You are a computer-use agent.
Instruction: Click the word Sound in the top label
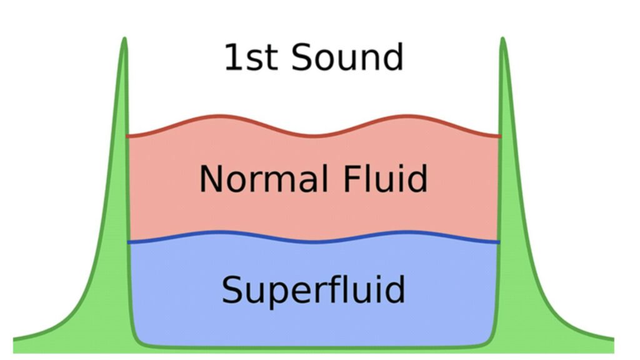point(347,57)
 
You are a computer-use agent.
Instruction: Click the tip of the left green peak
point(124,39)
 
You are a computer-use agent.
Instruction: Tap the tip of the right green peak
point(502,39)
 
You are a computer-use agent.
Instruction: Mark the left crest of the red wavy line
point(219,116)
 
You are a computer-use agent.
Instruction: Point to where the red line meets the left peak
point(128,136)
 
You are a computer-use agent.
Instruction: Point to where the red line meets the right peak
point(499,136)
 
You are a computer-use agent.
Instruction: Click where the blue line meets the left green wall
point(129,242)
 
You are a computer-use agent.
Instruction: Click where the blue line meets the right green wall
point(499,241)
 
